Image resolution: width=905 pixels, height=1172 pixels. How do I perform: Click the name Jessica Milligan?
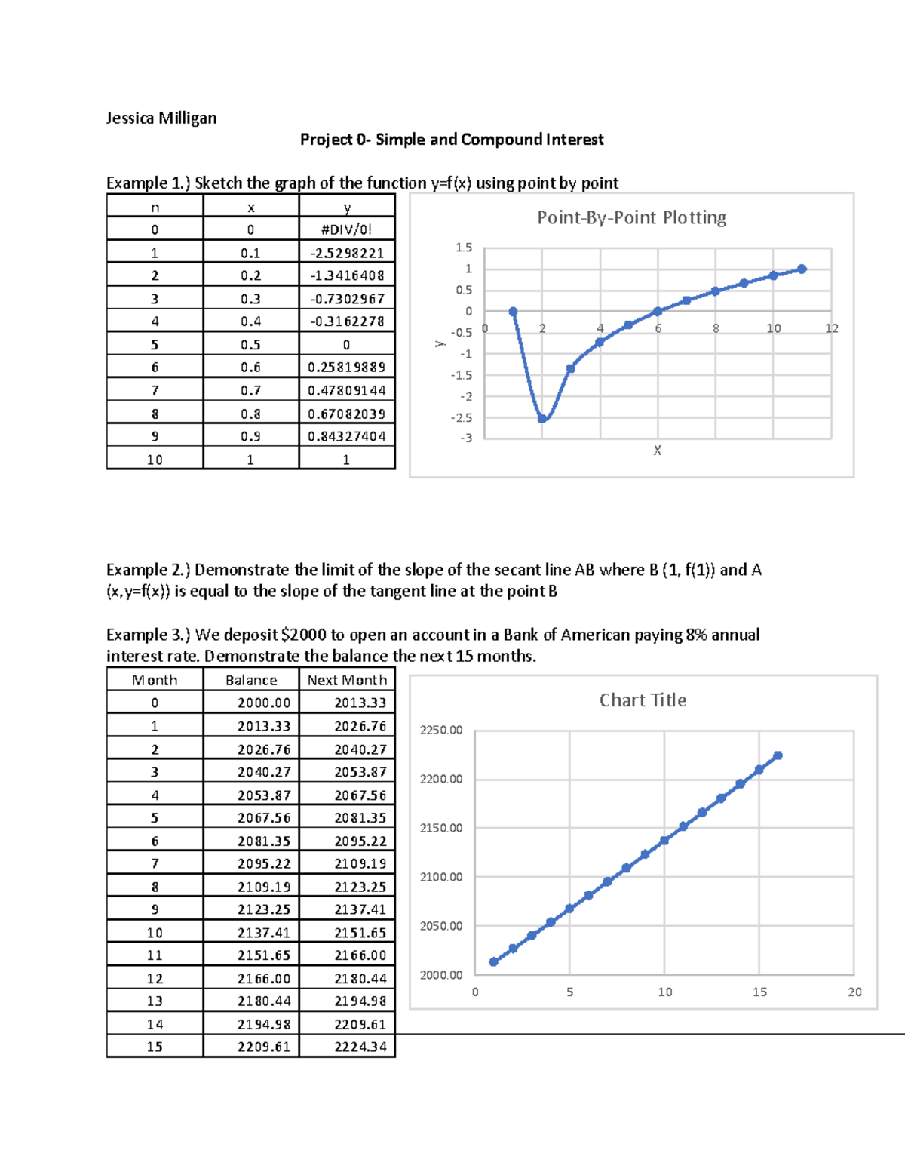161,118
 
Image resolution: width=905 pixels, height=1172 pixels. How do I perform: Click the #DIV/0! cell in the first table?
346,229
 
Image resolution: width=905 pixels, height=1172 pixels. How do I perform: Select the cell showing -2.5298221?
346,253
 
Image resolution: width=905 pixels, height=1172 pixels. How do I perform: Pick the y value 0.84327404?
346,436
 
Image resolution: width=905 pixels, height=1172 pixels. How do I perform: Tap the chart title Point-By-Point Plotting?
631,217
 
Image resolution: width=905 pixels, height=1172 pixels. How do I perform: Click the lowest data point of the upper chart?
542,418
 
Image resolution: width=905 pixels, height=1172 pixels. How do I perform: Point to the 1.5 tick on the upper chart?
463,248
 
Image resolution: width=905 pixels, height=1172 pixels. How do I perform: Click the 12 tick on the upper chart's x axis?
831,328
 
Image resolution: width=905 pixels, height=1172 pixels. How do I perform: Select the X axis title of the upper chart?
657,451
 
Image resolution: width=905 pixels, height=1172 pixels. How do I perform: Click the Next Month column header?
347,680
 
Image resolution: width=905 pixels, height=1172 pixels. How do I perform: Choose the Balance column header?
251,680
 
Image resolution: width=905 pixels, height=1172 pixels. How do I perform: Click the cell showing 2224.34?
360,1047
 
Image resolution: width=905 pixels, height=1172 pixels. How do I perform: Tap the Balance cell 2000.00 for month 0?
263,703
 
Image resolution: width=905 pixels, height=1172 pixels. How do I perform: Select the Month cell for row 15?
155,1047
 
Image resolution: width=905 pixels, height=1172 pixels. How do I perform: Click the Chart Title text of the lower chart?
643,700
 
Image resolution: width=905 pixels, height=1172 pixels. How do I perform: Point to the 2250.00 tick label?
441,730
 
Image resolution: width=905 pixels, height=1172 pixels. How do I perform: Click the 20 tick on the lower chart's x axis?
854,992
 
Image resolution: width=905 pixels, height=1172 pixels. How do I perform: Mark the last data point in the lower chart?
778,755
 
